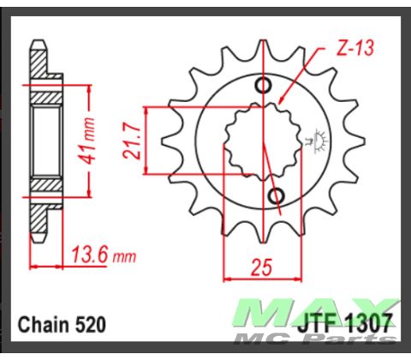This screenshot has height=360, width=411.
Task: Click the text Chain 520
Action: pyautogui.click(x=62, y=327)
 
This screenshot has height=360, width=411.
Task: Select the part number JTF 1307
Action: pyautogui.click(x=347, y=327)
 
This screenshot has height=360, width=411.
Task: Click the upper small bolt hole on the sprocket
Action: pyautogui.click(x=263, y=85)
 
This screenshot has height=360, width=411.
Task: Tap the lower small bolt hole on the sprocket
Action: pyautogui.click(x=276, y=198)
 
